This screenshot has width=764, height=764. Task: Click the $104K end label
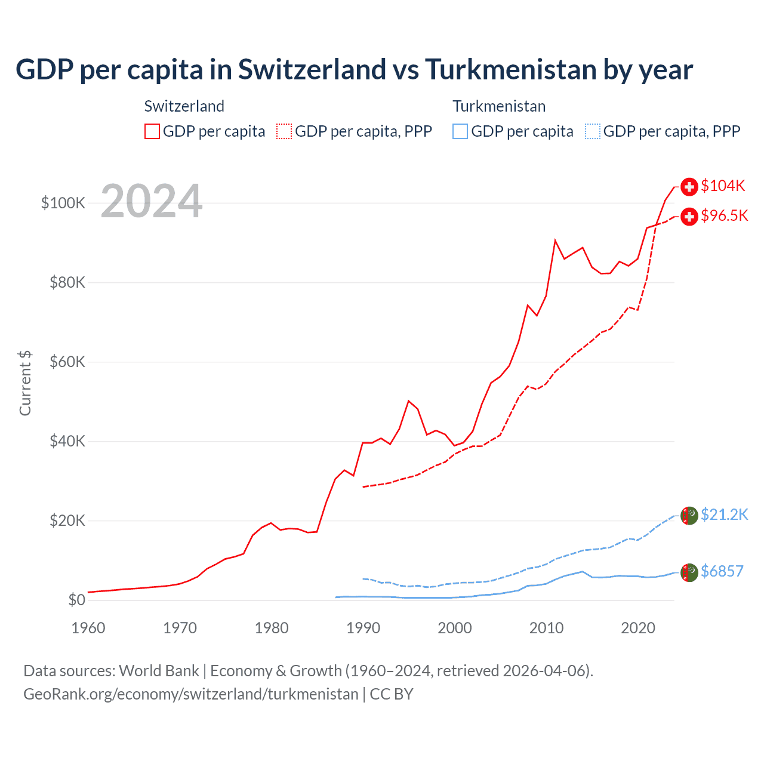pyautogui.click(x=723, y=186)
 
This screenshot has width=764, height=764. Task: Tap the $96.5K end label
pyautogui.click(x=724, y=215)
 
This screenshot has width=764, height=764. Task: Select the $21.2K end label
pyautogui.click(x=724, y=515)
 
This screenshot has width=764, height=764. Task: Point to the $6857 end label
pyautogui.click(x=722, y=571)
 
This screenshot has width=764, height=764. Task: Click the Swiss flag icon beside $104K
pyautogui.click(x=689, y=187)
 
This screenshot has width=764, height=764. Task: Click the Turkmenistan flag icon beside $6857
pyautogui.click(x=689, y=572)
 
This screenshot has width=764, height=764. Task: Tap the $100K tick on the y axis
pyautogui.click(x=63, y=203)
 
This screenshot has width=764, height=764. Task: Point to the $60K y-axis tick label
pyautogui.click(x=67, y=362)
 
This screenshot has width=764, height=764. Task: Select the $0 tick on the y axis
pyautogui.click(x=76, y=600)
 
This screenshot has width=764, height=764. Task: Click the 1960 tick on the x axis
pyautogui.click(x=88, y=628)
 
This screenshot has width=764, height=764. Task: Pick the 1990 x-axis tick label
pyautogui.click(x=363, y=628)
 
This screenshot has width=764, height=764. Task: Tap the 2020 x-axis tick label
pyautogui.click(x=638, y=628)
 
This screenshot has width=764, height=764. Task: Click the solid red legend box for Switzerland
pyautogui.click(x=152, y=131)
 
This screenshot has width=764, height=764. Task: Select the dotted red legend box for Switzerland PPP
pyautogui.click(x=284, y=131)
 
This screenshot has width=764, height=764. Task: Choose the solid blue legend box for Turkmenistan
pyautogui.click(x=460, y=131)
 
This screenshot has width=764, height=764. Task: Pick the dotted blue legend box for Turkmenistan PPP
pyautogui.click(x=593, y=131)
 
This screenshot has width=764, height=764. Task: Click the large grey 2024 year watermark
pyautogui.click(x=152, y=201)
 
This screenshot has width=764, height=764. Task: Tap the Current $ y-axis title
pyautogui.click(x=25, y=383)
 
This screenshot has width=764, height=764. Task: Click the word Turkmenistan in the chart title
pyautogui.click(x=510, y=69)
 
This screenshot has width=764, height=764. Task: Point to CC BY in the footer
pyautogui.click(x=392, y=694)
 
